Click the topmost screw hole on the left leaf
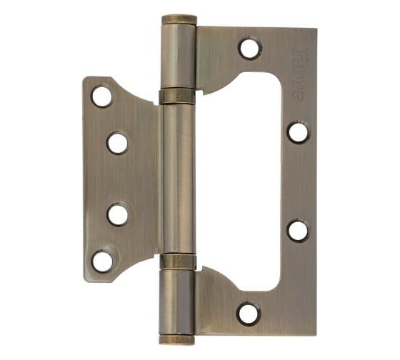[102, 96]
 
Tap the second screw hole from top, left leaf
[118, 143]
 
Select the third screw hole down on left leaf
[118, 214]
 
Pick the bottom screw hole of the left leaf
[103, 261]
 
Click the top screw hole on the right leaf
[249, 49]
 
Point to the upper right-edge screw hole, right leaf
[298, 132]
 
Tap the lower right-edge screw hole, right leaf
[298, 230]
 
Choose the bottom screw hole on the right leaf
[249, 313]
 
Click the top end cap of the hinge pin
[179, 19]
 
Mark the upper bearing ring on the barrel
[177, 96]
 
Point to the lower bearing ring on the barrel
[177, 261]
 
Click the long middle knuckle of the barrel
[177, 179]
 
